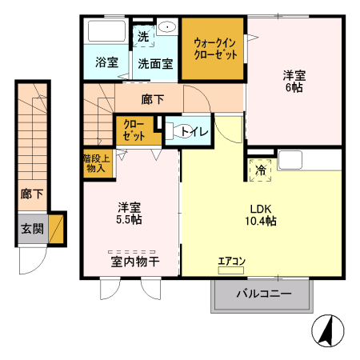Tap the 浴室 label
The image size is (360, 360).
point(106,62)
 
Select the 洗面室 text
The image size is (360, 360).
point(154,62)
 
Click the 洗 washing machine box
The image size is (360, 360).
point(143,36)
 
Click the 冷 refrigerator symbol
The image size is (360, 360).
point(261,170)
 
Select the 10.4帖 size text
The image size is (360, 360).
point(261,220)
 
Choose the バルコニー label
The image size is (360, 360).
point(262,294)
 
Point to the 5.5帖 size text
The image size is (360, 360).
point(130,219)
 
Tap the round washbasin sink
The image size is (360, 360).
point(168,27)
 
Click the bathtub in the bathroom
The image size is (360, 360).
point(105,33)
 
